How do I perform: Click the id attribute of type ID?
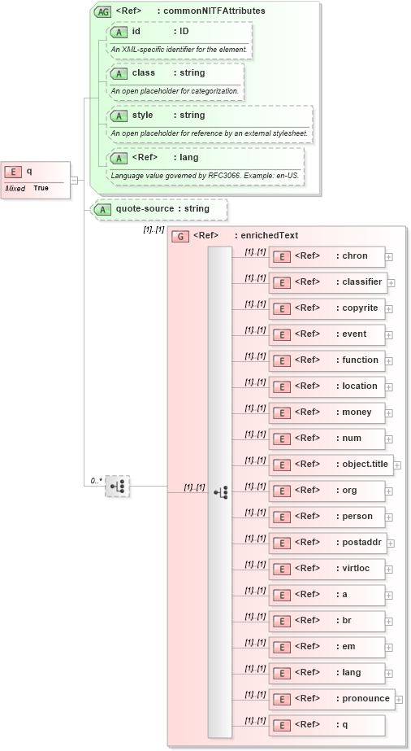click(x=180, y=32)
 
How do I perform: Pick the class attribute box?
click(x=175, y=73)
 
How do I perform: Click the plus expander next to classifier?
click(x=392, y=282)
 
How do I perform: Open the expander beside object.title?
click(x=398, y=465)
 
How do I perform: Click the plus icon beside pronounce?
click(x=399, y=699)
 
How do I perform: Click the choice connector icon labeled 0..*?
click(x=118, y=487)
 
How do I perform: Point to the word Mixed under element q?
click(x=15, y=188)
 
